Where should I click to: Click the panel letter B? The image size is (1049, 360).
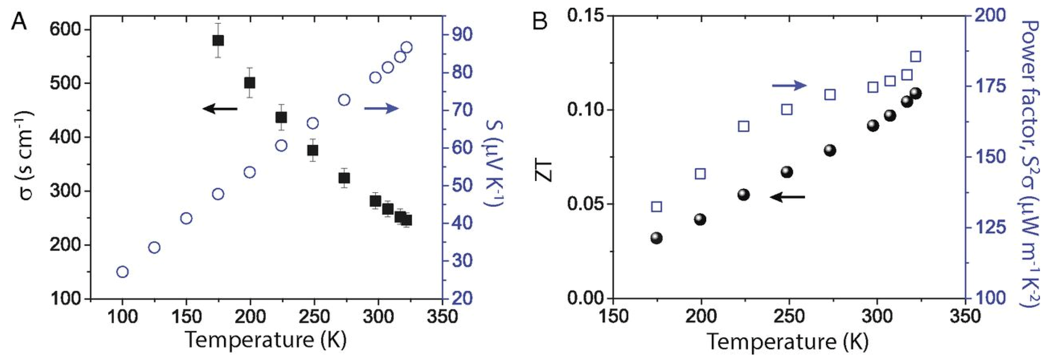[x=540, y=22]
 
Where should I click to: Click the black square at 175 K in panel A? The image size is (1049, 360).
[x=218, y=40]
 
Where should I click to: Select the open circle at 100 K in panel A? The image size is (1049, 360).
[x=123, y=272]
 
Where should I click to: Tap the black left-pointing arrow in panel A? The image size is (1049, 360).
[x=220, y=109]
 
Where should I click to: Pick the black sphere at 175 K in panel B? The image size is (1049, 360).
[x=656, y=238]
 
